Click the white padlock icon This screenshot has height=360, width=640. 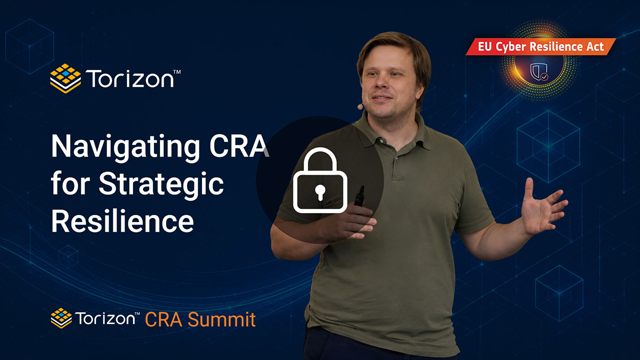point(320,180)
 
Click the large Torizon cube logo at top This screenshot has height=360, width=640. point(65,78)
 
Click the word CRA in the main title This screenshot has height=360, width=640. point(239,145)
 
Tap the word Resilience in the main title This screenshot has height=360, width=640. point(122,221)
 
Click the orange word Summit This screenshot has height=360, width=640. point(221,319)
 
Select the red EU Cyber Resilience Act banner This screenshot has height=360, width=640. point(540,46)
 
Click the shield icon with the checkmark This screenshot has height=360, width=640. point(539,71)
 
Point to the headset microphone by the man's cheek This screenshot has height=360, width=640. point(360,107)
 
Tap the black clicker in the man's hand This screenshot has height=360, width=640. point(359,196)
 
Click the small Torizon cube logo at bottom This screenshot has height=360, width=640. point(61,318)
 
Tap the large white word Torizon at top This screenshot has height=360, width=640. point(130,78)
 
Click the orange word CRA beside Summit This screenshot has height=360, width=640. point(163,319)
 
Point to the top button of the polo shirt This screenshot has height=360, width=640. point(396,157)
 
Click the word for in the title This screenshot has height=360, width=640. point(70,183)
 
